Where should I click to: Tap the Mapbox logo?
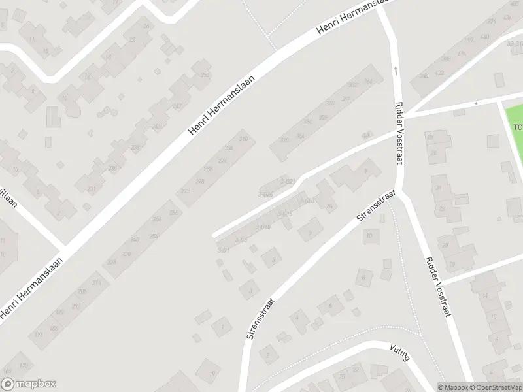(29, 384)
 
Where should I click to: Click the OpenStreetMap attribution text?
(495, 387)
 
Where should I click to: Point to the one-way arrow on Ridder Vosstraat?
(395, 69)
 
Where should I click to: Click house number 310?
(244, 139)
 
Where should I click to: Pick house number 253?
(205, 75)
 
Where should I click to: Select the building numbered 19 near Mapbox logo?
(212, 373)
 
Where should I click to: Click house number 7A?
(329, 207)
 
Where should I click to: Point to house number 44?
(366, 135)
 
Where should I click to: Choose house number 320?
(284, 140)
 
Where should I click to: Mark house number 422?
(439, 73)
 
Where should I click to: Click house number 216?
(97, 282)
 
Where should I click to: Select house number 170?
(24, 365)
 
